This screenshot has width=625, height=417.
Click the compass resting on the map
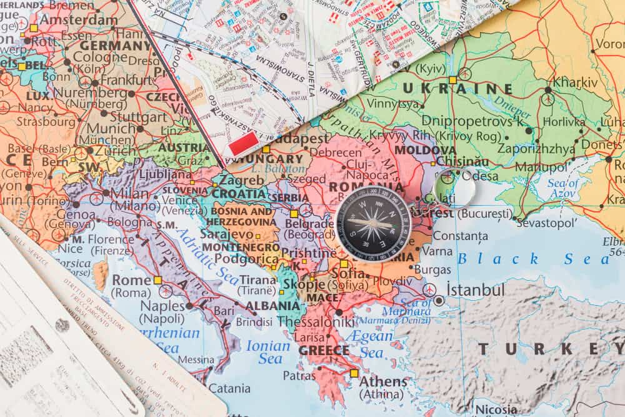373,223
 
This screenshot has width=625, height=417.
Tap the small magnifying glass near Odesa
454,186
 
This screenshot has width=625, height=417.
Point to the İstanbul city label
475,290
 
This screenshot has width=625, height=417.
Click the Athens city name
383,381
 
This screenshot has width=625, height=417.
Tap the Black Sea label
533,258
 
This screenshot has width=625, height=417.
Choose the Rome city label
131,280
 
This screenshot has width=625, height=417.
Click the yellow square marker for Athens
354,373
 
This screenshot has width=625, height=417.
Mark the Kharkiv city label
575,83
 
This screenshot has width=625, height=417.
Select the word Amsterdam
78,20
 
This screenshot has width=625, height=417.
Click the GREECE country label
324,350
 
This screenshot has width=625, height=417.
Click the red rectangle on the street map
244,143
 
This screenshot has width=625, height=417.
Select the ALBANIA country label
272,306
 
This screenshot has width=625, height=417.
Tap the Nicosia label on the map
496,410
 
